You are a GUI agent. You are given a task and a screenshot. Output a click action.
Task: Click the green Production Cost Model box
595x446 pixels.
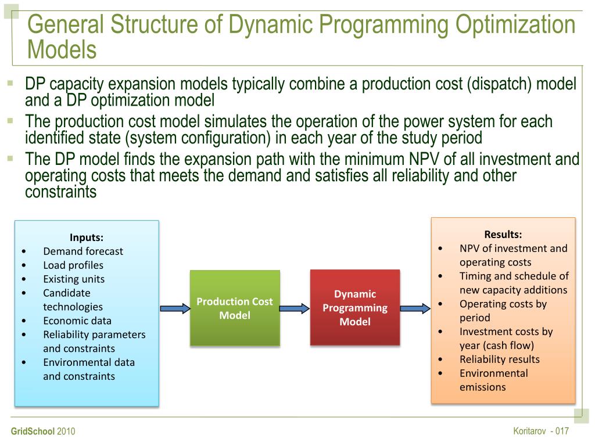(235, 308)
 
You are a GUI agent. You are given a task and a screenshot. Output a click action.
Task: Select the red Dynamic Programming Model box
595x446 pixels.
(355, 308)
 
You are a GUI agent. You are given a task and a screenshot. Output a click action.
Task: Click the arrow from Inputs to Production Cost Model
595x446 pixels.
(175, 308)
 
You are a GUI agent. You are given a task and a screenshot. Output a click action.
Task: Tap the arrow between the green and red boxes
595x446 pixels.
(295, 308)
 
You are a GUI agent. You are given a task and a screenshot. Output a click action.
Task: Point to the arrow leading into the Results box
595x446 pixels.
(415, 308)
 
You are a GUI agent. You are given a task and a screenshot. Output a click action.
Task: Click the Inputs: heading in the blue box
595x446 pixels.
(87, 237)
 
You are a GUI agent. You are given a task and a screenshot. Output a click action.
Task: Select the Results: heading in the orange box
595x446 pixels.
(503, 235)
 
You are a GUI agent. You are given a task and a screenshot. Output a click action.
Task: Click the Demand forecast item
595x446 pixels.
(83, 251)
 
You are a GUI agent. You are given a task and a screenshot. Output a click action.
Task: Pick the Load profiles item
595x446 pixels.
(73, 265)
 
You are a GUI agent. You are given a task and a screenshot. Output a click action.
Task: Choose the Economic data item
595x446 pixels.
(77, 321)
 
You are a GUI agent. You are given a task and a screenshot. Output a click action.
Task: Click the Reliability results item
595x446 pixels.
(500, 359)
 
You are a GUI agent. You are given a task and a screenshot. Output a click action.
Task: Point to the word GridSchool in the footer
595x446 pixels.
(33, 432)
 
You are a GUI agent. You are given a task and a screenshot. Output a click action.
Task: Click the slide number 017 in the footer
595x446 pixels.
(561, 431)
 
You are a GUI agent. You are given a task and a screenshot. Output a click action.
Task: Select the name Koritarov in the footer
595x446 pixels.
(530, 431)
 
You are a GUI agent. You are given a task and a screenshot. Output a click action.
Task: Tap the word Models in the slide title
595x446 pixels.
(62, 50)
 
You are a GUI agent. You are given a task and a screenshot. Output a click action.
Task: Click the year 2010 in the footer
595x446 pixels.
(66, 432)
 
